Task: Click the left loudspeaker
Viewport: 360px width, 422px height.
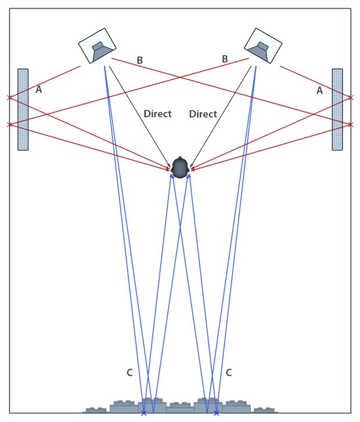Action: (98, 46)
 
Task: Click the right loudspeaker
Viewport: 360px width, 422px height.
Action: (263, 46)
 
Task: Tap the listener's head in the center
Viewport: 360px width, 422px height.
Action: (179, 167)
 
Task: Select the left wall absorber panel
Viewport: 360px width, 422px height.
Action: (23, 110)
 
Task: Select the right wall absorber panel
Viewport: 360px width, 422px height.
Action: (337, 110)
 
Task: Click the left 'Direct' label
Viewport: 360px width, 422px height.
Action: (157, 114)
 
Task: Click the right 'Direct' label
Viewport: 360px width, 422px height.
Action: (203, 114)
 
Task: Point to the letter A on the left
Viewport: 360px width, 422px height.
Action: (38, 90)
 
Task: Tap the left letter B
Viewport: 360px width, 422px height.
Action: (139, 60)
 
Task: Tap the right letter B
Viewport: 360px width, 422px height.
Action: (224, 59)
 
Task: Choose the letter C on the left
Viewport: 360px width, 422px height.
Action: (129, 372)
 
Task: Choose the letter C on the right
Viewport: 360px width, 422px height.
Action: (229, 372)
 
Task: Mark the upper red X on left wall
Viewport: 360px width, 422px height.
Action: (9, 98)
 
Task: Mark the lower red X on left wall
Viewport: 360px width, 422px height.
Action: (9, 124)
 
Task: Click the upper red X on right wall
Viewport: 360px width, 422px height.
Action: (351, 97)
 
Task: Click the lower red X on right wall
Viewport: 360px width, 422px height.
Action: (351, 124)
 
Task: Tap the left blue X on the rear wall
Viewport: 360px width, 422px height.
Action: (144, 413)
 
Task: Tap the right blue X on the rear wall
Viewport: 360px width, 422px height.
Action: (217, 413)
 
